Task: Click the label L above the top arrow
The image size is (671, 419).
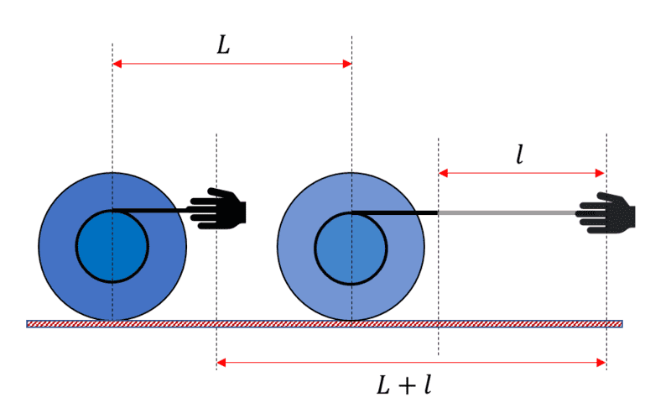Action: pos(223,45)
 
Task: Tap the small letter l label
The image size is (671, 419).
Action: pos(520,155)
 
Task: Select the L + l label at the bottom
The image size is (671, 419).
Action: pos(404,385)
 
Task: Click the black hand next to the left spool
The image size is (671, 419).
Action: pos(218,208)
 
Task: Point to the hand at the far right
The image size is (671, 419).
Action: pos(606,213)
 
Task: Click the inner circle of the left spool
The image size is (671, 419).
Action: pos(112,246)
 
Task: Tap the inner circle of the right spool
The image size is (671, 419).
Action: pos(351,248)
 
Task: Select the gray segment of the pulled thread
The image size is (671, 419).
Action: pos(508,212)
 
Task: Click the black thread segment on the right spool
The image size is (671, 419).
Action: pos(393,212)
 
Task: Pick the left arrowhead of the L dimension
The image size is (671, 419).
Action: pos(117,64)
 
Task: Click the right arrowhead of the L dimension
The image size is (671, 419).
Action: pos(347,64)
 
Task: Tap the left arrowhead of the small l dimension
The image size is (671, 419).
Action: pos(444,173)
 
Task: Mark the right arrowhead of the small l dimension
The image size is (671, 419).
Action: pos(600,173)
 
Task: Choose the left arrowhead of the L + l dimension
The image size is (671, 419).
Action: pos(221,363)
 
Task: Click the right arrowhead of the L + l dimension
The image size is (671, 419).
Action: pos(601,363)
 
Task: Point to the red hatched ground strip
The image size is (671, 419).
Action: pos(325,324)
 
